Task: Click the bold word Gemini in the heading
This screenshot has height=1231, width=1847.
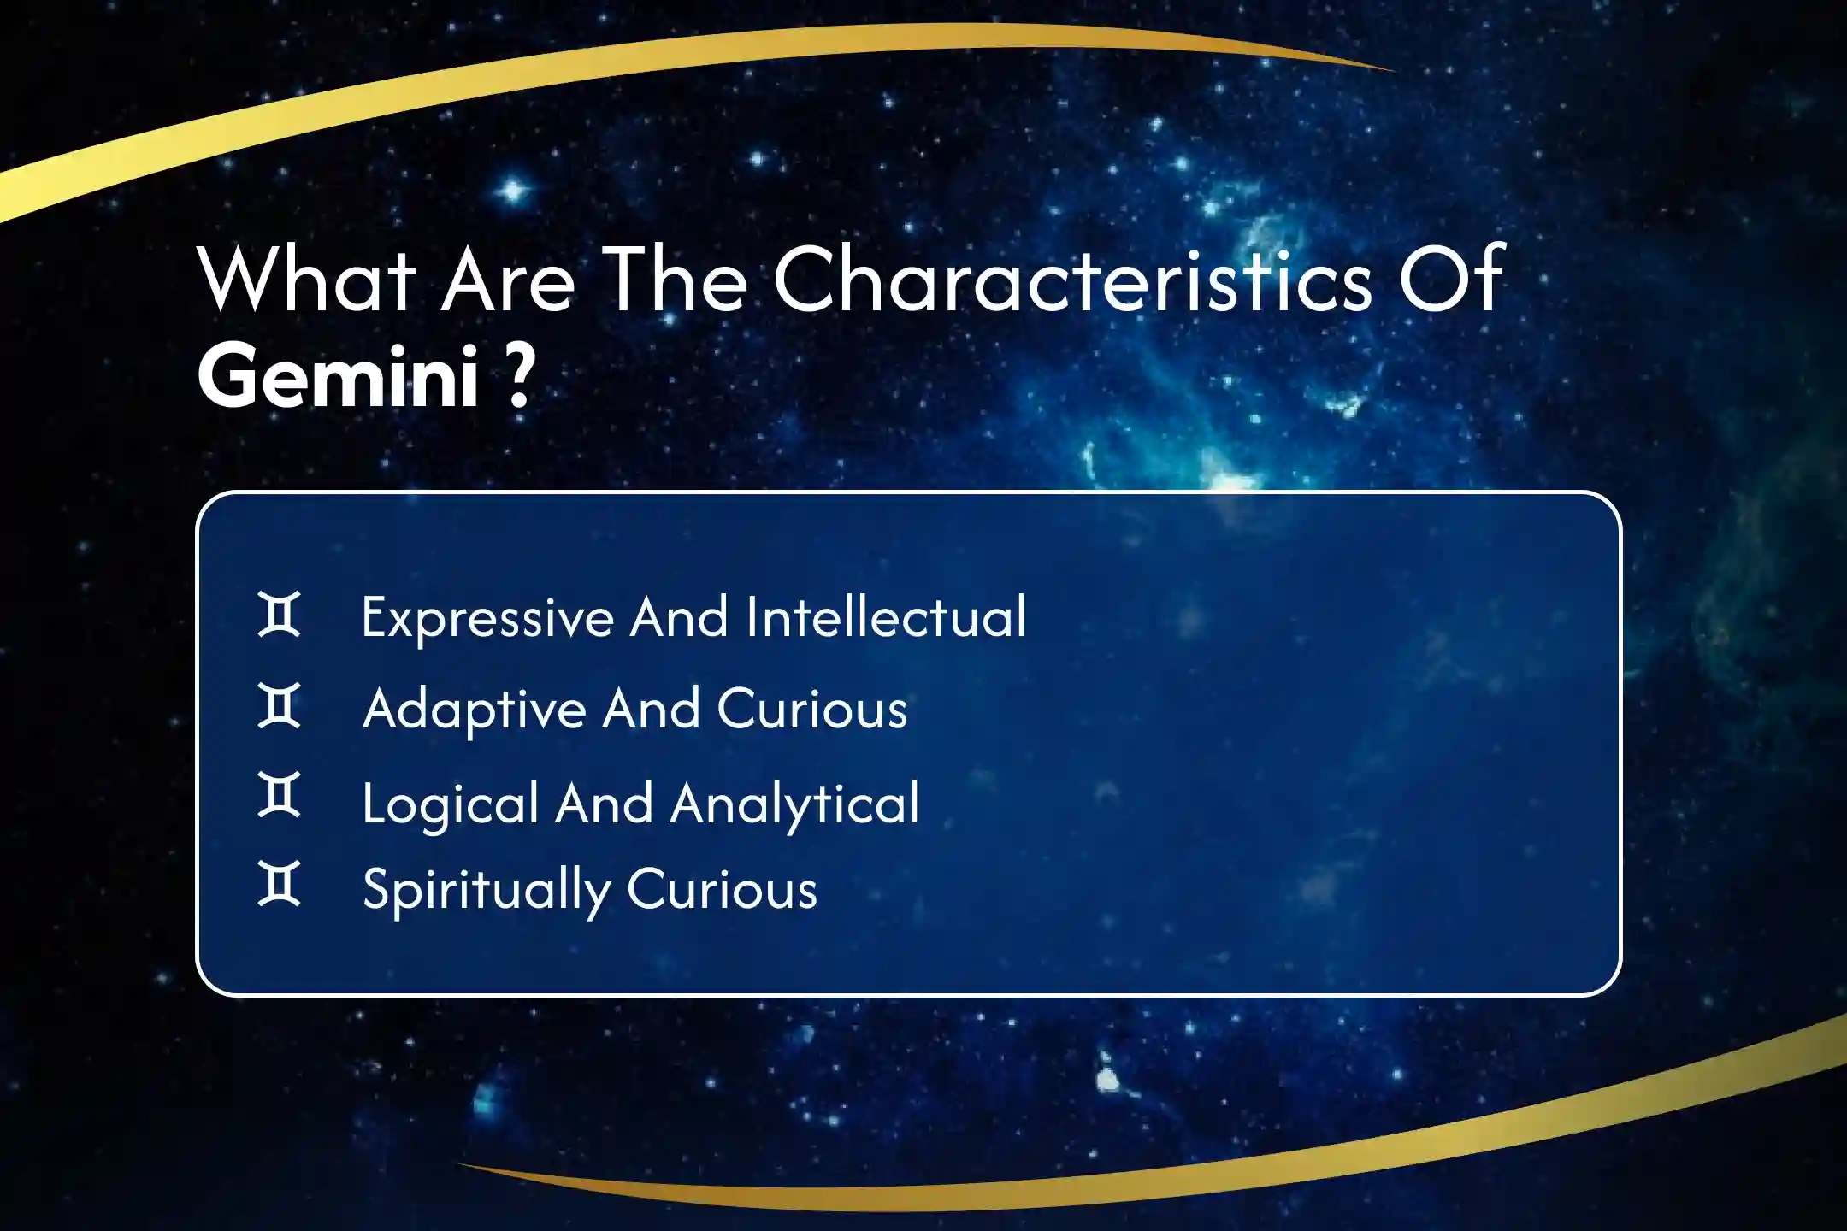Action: (x=338, y=376)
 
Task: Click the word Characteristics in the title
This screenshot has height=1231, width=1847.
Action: (x=1073, y=278)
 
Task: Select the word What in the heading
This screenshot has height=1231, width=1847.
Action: (x=307, y=279)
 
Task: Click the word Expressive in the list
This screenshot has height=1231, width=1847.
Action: (x=487, y=618)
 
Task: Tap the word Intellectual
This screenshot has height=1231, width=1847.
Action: (x=886, y=616)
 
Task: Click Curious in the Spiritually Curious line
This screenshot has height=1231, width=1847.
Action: (x=723, y=890)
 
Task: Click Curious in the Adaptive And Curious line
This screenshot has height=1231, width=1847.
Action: (x=812, y=710)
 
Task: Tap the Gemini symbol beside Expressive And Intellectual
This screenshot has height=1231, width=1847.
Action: (x=280, y=614)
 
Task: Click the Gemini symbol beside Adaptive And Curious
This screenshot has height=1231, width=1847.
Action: (x=280, y=705)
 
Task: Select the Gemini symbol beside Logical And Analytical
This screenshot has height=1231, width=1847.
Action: (x=280, y=795)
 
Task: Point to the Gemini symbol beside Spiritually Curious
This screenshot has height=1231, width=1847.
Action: (x=280, y=884)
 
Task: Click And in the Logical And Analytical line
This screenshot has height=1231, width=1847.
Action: (x=605, y=804)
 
